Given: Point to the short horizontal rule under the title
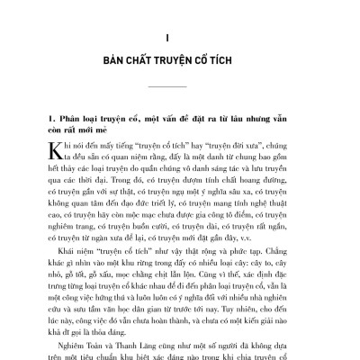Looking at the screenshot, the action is [x=180, y=86].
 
